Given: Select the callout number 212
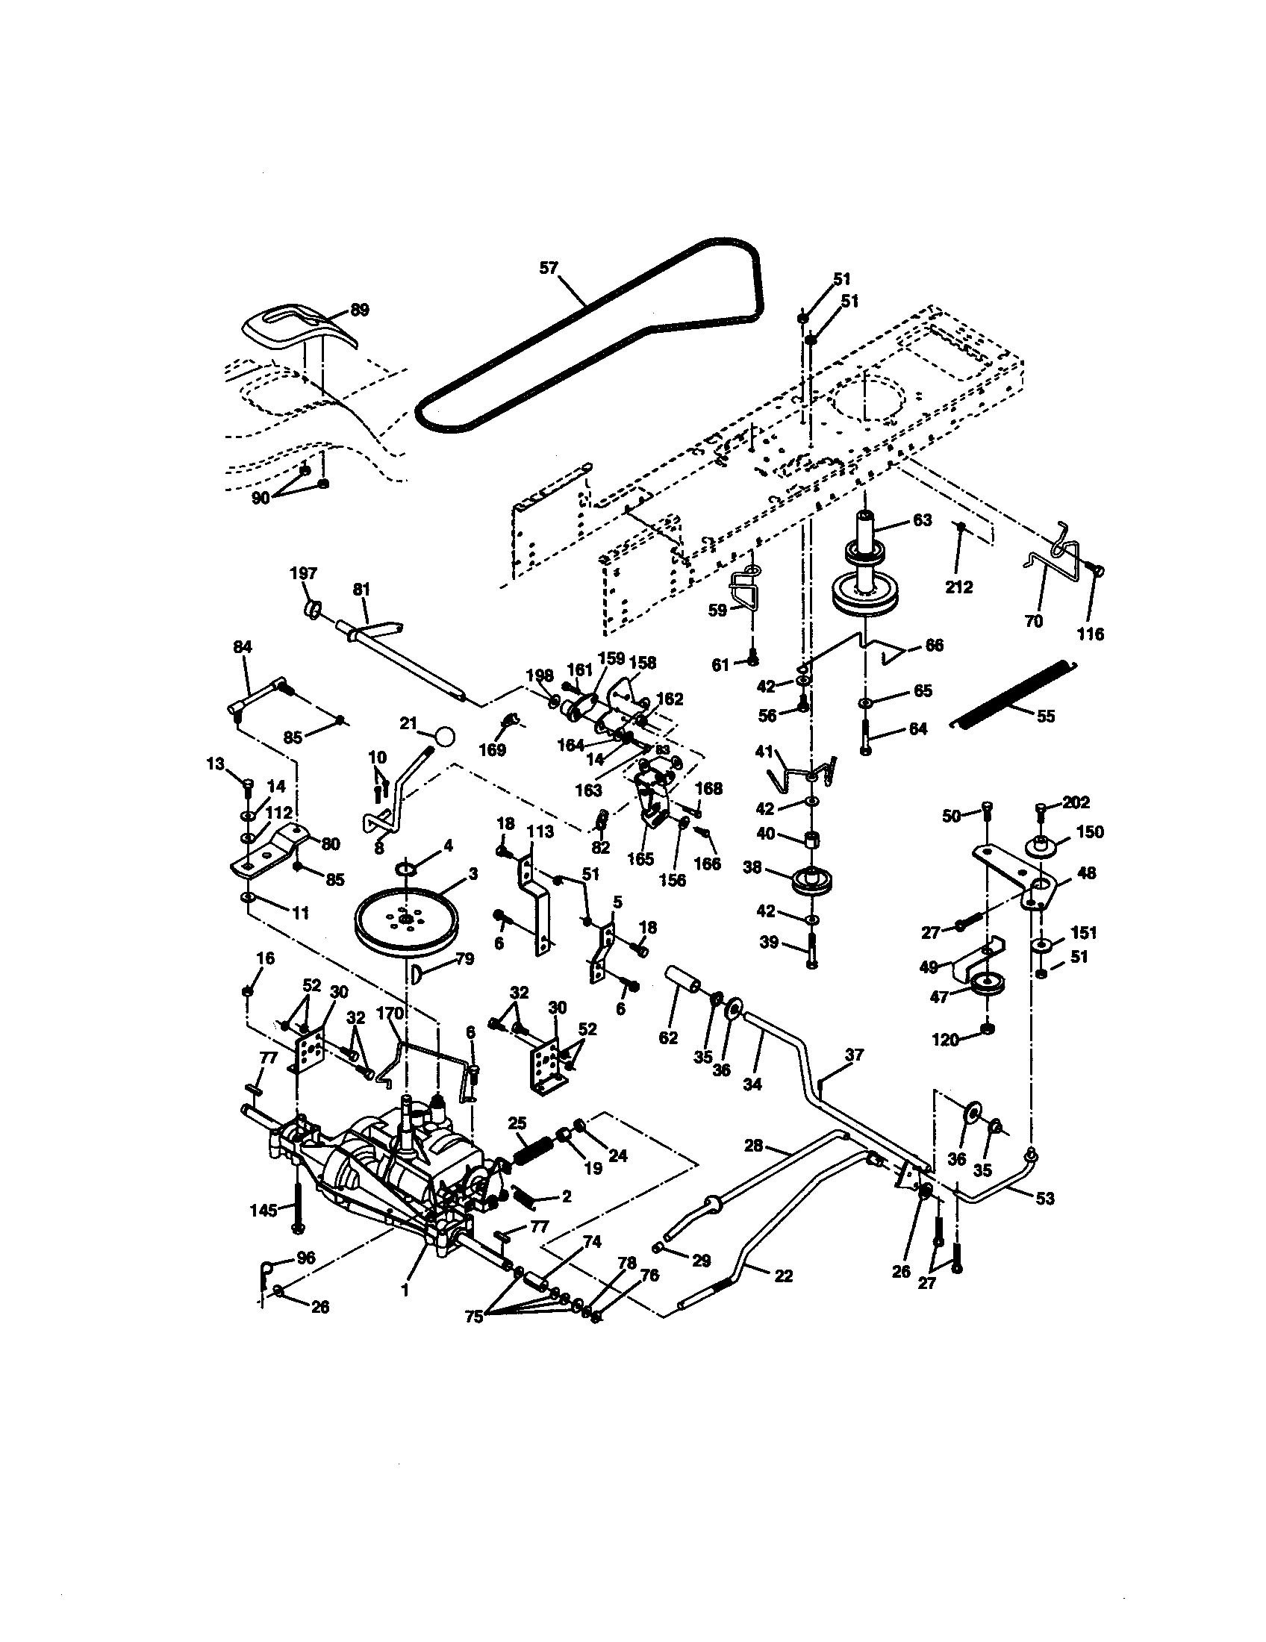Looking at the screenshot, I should tap(958, 587).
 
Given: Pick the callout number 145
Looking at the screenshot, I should tap(262, 1210).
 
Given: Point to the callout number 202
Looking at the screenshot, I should tap(1076, 802).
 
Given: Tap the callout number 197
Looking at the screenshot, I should tap(303, 573).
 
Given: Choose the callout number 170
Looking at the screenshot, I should tap(390, 1014).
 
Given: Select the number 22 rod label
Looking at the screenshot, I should tap(782, 1276).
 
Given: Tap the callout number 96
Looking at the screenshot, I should tap(305, 1257).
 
